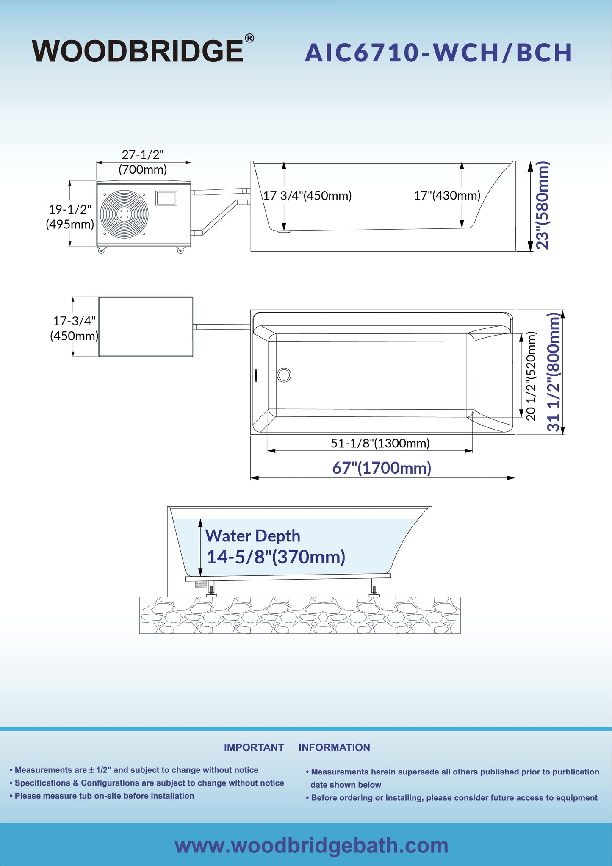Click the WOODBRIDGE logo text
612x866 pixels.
point(138,51)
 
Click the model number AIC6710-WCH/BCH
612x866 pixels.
point(438,53)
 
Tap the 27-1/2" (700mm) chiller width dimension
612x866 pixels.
point(143,162)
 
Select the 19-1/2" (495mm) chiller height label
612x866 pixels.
point(70,216)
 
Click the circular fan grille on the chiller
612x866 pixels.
point(125,214)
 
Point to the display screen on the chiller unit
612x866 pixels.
point(166,198)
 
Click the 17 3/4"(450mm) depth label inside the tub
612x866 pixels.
point(307,196)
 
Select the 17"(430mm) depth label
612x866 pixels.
point(447,195)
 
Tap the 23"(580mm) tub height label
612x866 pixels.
point(543,205)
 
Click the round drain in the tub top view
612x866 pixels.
point(284,375)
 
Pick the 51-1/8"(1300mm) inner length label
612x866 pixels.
point(380,443)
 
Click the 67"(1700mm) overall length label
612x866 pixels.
point(382,468)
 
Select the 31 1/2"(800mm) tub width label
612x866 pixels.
point(554,372)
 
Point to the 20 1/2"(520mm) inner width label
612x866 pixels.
point(531,376)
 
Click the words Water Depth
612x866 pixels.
point(253,536)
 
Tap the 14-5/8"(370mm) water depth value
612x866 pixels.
point(276,557)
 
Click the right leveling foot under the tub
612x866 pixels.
point(374,588)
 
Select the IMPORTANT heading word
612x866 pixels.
point(254,747)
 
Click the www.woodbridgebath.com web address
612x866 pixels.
point(311,845)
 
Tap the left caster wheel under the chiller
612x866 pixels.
point(101,250)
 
